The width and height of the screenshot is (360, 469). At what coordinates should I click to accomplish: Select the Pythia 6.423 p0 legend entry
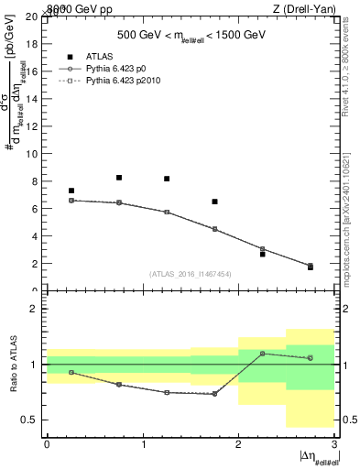click(x=119, y=68)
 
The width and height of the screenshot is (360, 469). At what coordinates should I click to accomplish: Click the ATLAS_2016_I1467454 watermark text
click(x=191, y=273)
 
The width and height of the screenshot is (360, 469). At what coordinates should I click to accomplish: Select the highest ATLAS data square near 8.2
click(x=119, y=178)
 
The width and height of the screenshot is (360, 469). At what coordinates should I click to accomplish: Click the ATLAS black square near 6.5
click(x=214, y=202)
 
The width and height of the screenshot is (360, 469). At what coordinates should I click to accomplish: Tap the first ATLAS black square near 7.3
click(x=71, y=191)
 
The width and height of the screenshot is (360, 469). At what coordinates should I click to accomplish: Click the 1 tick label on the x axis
click(x=143, y=443)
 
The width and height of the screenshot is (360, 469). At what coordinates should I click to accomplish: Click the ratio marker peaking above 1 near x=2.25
click(x=262, y=354)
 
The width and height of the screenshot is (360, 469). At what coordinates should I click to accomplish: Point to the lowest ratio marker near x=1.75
click(x=214, y=394)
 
